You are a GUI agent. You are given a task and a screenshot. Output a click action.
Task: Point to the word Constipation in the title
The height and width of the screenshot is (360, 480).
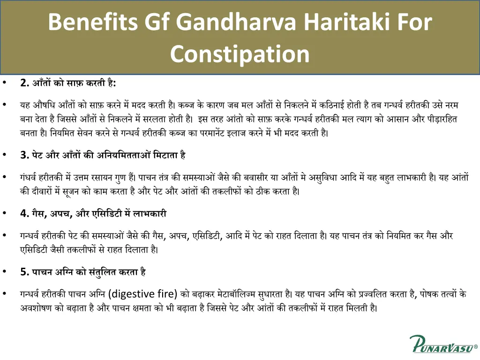pos(240,54)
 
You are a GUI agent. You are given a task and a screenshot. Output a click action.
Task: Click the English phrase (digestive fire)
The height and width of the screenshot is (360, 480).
pos(142,294)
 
